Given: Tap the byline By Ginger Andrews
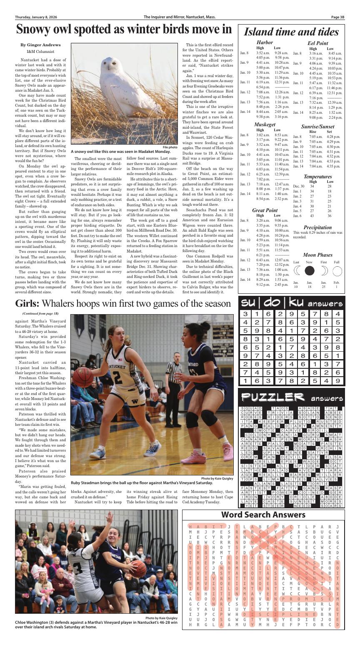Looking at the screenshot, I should (x=40, y=45).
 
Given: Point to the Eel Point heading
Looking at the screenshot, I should (x=317, y=43).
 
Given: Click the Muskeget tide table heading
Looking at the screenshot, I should (x=265, y=124).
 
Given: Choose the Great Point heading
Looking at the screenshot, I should (x=265, y=210).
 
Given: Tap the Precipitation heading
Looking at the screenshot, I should (x=317, y=227).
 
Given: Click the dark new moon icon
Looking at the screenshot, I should (x=309, y=271).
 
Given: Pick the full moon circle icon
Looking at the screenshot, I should (x=337, y=271).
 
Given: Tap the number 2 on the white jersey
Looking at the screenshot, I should (x=117, y=377).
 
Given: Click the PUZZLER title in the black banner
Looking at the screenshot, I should (x=272, y=397).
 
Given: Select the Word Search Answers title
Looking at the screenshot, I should (x=269, y=514).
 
